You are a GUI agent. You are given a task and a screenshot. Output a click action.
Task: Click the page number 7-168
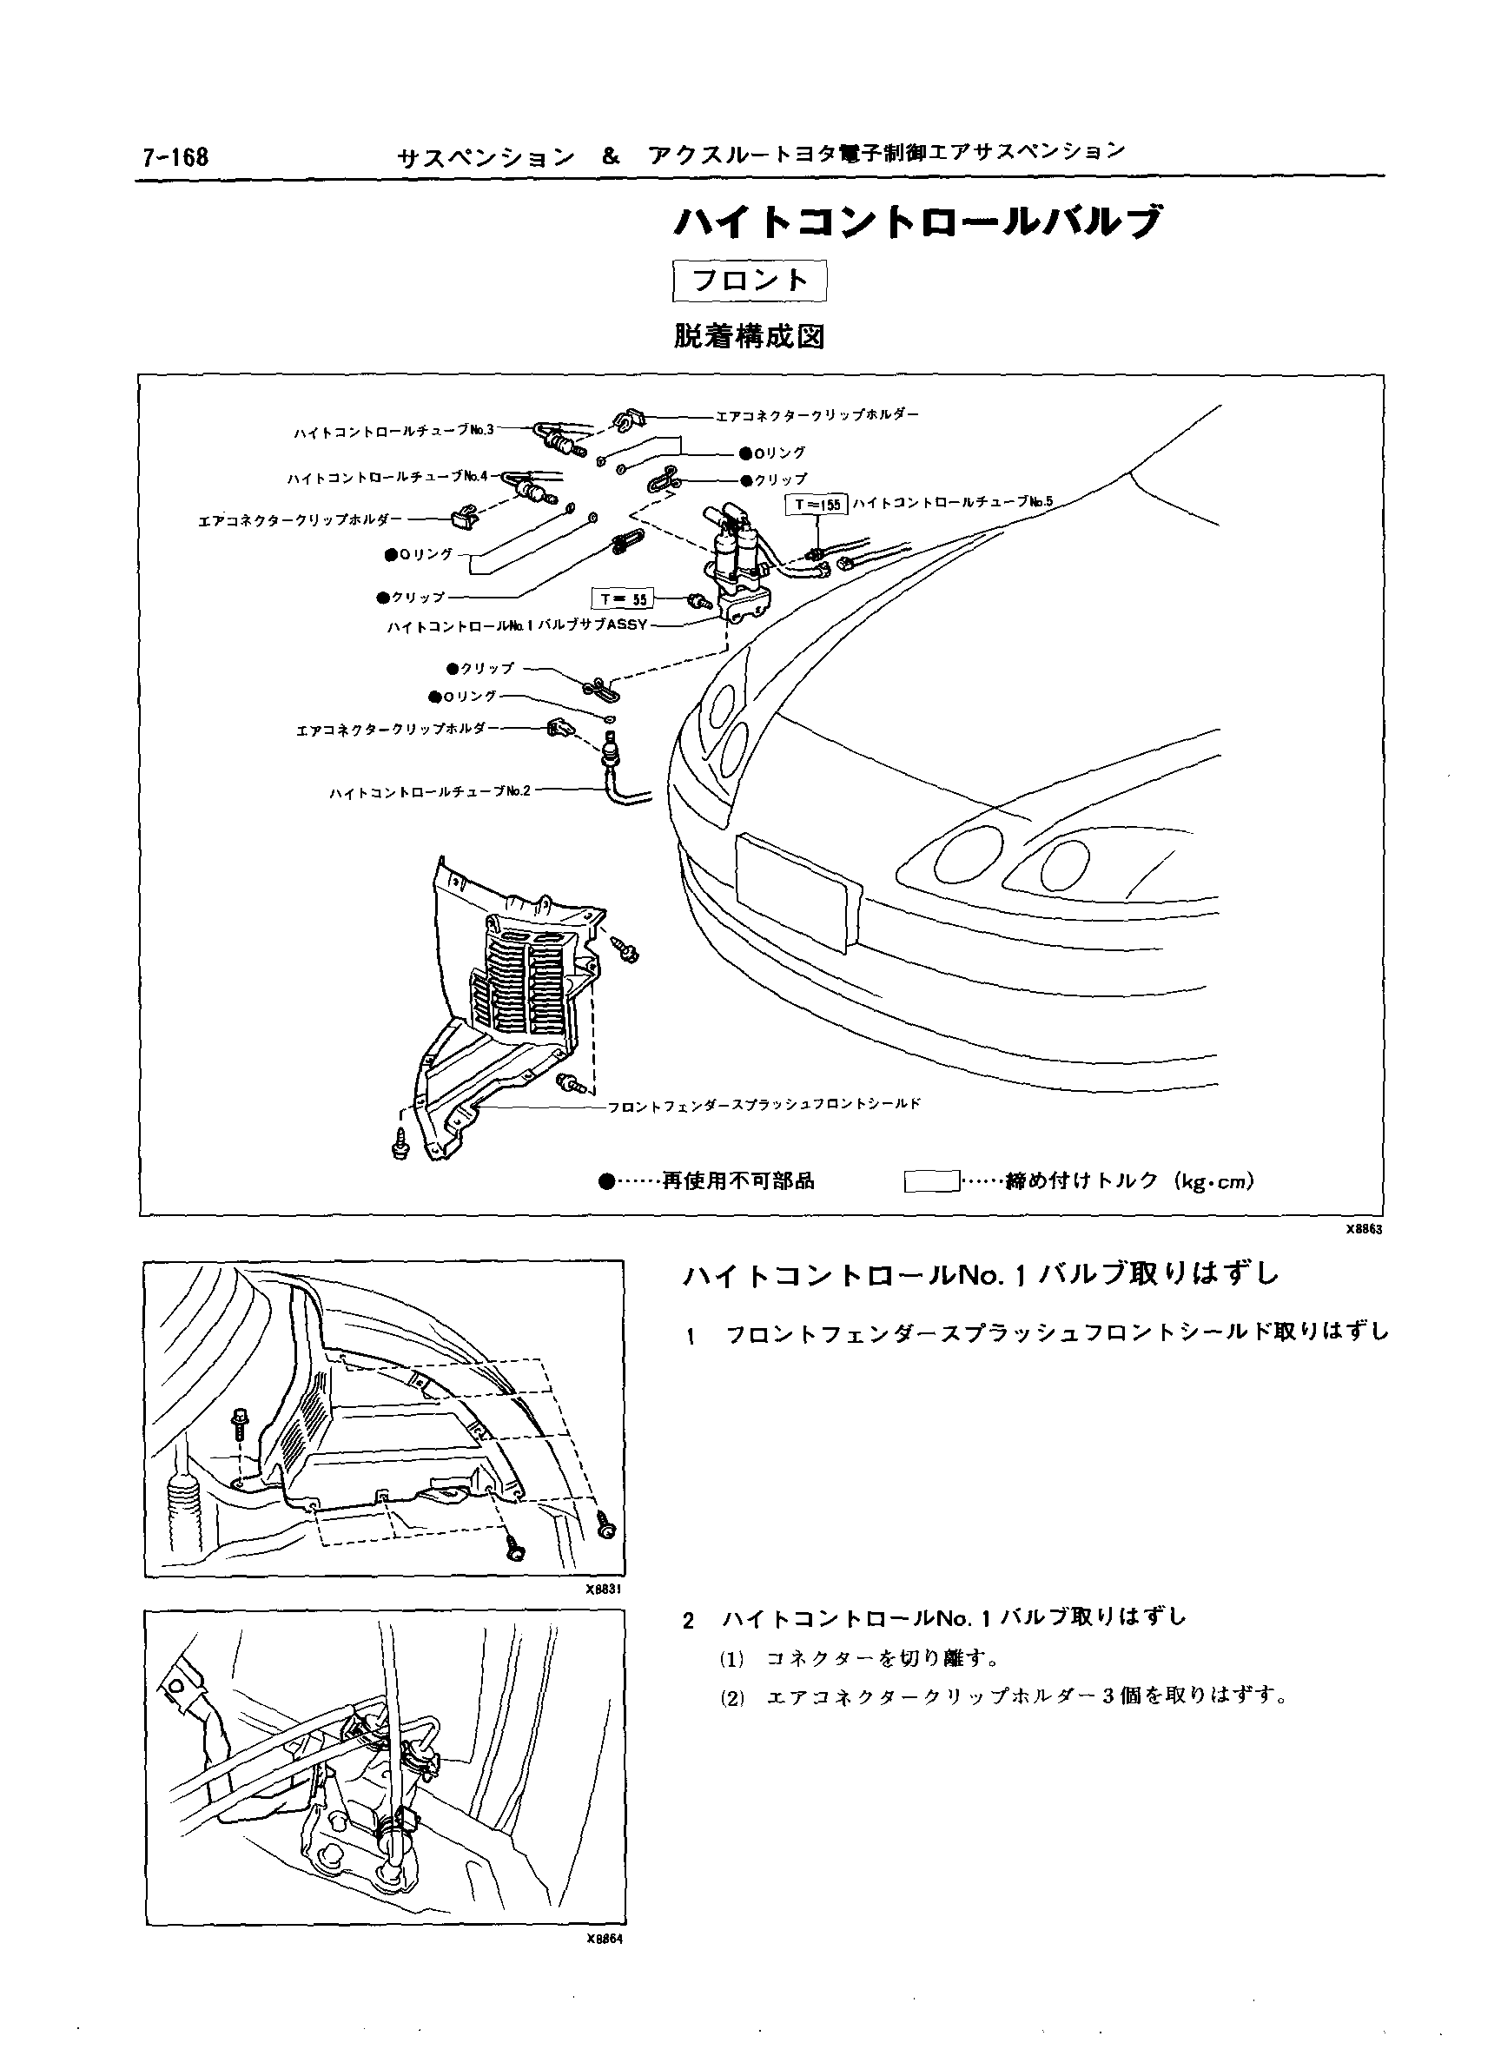(175, 158)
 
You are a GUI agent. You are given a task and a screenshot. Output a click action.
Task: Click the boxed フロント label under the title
(749, 280)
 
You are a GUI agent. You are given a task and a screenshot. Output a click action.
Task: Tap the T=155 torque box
(817, 504)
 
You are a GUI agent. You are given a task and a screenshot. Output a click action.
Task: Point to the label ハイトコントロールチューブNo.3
(393, 431)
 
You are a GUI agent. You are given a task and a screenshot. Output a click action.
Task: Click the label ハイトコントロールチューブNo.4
(387, 477)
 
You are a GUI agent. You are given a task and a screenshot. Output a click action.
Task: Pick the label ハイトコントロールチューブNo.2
(429, 791)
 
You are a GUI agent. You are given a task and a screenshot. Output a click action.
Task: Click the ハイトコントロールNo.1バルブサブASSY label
(518, 625)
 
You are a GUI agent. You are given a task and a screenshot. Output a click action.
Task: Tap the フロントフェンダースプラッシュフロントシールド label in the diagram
(764, 1104)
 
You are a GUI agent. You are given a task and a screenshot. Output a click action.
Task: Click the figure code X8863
(1364, 1229)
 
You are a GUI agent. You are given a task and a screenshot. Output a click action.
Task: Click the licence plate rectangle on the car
(797, 889)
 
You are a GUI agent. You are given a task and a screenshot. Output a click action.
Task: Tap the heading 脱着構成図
(749, 337)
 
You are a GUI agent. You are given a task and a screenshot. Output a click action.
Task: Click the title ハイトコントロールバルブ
(919, 222)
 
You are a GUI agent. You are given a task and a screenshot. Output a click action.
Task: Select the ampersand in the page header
(611, 156)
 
